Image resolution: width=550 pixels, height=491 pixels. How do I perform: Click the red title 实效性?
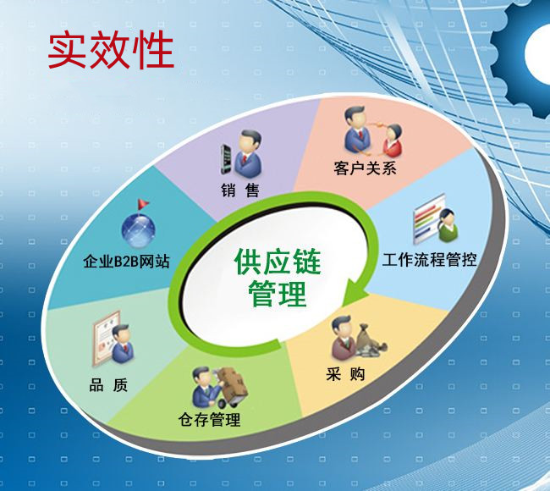pos(111,49)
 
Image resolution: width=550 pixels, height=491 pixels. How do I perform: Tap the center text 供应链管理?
pos(278,278)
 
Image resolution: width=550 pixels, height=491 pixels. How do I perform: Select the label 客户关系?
pos(365,168)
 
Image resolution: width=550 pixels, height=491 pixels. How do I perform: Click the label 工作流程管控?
pos(429,260)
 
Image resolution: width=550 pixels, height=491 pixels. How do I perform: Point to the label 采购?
pos(345,374)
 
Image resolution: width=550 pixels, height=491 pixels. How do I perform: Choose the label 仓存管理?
pos(209,419)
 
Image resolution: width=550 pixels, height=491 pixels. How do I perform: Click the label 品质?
pos(108,385)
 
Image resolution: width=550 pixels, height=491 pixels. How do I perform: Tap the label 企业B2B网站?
pos(126,262)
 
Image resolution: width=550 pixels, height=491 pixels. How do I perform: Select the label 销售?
pos(240,190)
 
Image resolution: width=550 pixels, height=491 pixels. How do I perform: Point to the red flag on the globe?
pos(143,204)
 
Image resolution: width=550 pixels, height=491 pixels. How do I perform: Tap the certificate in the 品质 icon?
pos(105,338)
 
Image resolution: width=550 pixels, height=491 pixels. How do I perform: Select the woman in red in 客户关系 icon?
pos(392,141)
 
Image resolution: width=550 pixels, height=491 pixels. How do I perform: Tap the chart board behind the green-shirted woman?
pos(428,218)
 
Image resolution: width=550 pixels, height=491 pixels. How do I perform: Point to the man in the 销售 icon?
pos(248,154)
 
